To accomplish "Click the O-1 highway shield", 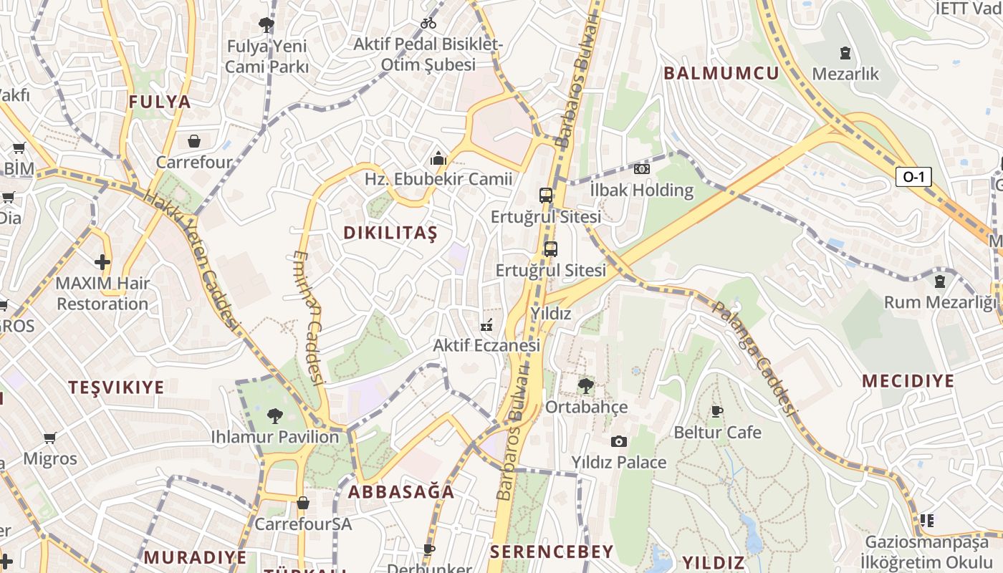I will click(x=913, y=176).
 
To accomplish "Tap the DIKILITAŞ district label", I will click(x=390, y=233).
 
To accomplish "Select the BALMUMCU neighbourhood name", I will click(x=721, y=73).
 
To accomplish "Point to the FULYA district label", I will click(x=160, y=102).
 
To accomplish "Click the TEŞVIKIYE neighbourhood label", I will click(x=116, y=387).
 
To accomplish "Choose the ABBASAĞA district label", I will click(x=401, y=492).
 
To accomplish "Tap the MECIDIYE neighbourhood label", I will click(x=908, y=381).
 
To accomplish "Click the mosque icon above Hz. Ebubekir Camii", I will click(x=438, y=158).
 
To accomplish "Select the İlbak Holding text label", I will click(x=641, y=191).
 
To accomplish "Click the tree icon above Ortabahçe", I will click(x=585, y=386).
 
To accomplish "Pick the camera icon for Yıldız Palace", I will click(x=619, y=441).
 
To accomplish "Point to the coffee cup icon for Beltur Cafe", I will click(x=716, y=411).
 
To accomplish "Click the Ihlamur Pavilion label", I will click(x=274, y=437).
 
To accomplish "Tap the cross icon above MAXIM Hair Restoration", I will click(x=102, y=262).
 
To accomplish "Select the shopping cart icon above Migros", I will click(x=49, y=438).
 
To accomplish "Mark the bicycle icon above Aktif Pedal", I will click(x=428, y=23).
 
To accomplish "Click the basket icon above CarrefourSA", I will click(x=303, y=503).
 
